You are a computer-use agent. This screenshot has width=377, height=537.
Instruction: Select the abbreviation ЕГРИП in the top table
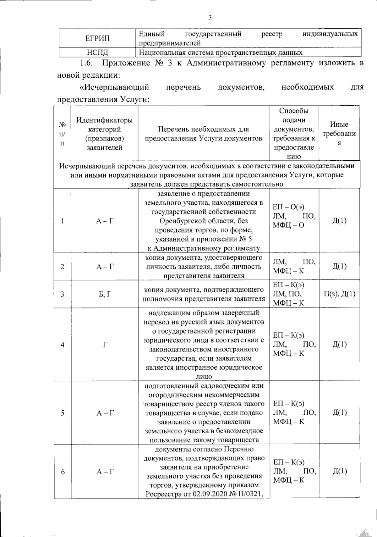pos(97,38)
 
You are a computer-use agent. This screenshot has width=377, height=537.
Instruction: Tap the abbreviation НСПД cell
pos(97,53)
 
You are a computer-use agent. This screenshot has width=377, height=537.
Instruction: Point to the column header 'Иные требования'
pos(339,133)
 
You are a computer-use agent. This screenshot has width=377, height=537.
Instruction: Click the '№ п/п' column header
pos(63,134)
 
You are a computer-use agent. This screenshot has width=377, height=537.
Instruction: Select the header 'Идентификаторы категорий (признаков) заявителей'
pos(104,133)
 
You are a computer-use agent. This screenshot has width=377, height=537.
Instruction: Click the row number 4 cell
pos(63,345)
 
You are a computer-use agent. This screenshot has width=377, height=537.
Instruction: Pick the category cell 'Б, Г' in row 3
pos(104,294)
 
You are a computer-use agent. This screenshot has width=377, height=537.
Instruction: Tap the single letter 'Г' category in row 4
pos(105,345)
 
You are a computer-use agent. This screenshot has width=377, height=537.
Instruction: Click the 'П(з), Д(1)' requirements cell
pos(339,294)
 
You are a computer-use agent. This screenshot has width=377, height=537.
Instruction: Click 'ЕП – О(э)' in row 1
pos(288,207)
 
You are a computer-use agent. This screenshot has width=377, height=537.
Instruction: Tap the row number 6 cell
pos(63,472)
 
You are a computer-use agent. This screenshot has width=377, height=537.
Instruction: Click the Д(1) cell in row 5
pos(339,412)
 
